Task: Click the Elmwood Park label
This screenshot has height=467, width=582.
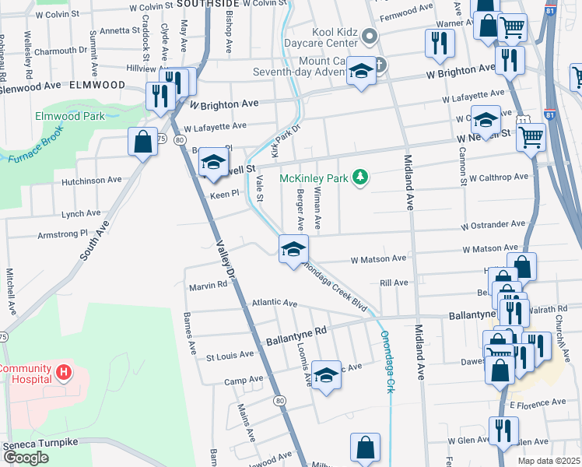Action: (x=69, y=116)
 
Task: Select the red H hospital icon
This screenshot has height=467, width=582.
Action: (x=64, y=373)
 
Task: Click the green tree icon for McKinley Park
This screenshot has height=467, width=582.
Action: (x=359, y=178)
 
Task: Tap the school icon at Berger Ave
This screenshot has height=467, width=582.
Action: (x=293, y=249)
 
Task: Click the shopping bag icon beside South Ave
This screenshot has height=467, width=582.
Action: (x=142, y=142)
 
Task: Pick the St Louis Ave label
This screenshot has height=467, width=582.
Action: (x=229, y=355)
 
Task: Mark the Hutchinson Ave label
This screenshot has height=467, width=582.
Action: (x=92, y=180)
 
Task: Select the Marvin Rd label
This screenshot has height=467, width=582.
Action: (x=208, y=285)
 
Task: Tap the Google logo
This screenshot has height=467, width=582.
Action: (x=26, y=458)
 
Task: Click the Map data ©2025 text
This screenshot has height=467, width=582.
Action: (x=548, y=461)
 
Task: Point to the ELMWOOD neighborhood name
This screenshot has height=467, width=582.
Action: (x=97, y=84)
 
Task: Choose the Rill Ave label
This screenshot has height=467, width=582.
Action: (x=394, y=283)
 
